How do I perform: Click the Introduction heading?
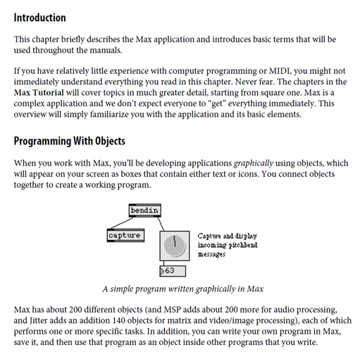pos(39,18)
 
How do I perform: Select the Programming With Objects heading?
pos(70,142)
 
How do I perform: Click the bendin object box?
pos(145,211)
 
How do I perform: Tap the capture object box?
pos(125,235)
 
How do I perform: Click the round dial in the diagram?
pos(175,246)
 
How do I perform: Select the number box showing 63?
pos(173,271)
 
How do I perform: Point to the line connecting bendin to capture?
pos(122,222)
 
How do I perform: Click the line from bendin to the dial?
pos(161,224)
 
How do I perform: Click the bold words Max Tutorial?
pos(39,92)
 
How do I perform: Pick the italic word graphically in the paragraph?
pos(254,163)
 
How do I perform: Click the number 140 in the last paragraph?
pos(118,320)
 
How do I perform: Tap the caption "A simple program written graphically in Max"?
pos(183,289)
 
